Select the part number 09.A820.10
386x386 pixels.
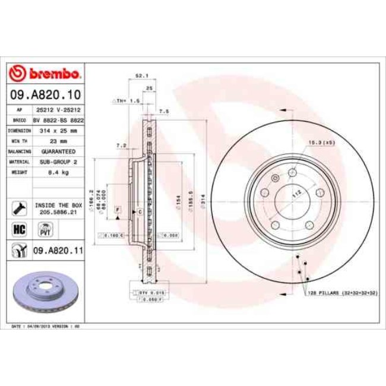click(x=45, y=94)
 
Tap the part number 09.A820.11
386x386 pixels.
click(x=58, y=251)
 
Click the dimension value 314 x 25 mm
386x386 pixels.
click(x=58, y=129)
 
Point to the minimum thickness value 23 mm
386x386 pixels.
click(x=58, y=141)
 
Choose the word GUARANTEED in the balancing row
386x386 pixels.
click(x=58, y=151)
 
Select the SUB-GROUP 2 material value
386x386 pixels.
click(x=58, y=162)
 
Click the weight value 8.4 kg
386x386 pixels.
click(x=58, y=172)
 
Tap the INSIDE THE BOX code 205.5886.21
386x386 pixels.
click(x=58, y=210)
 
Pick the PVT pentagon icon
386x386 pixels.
click(x=43, y=229)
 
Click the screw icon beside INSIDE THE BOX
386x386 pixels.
click(x=18, y=207)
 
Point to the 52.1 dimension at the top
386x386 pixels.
click(x=141, y=76)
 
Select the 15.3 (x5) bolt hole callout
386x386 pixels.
click(x=320, y=142)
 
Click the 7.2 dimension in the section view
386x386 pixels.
click(x=121, y=145)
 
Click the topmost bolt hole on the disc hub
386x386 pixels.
click(x=293, y=173)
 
